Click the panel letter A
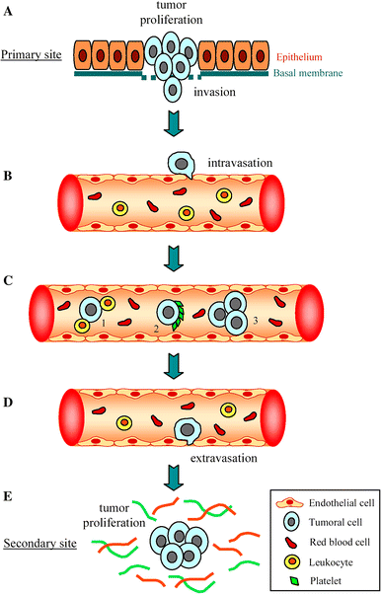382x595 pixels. (9, 10)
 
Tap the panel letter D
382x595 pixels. (9, 377)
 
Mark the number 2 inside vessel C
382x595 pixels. (155, 328)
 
